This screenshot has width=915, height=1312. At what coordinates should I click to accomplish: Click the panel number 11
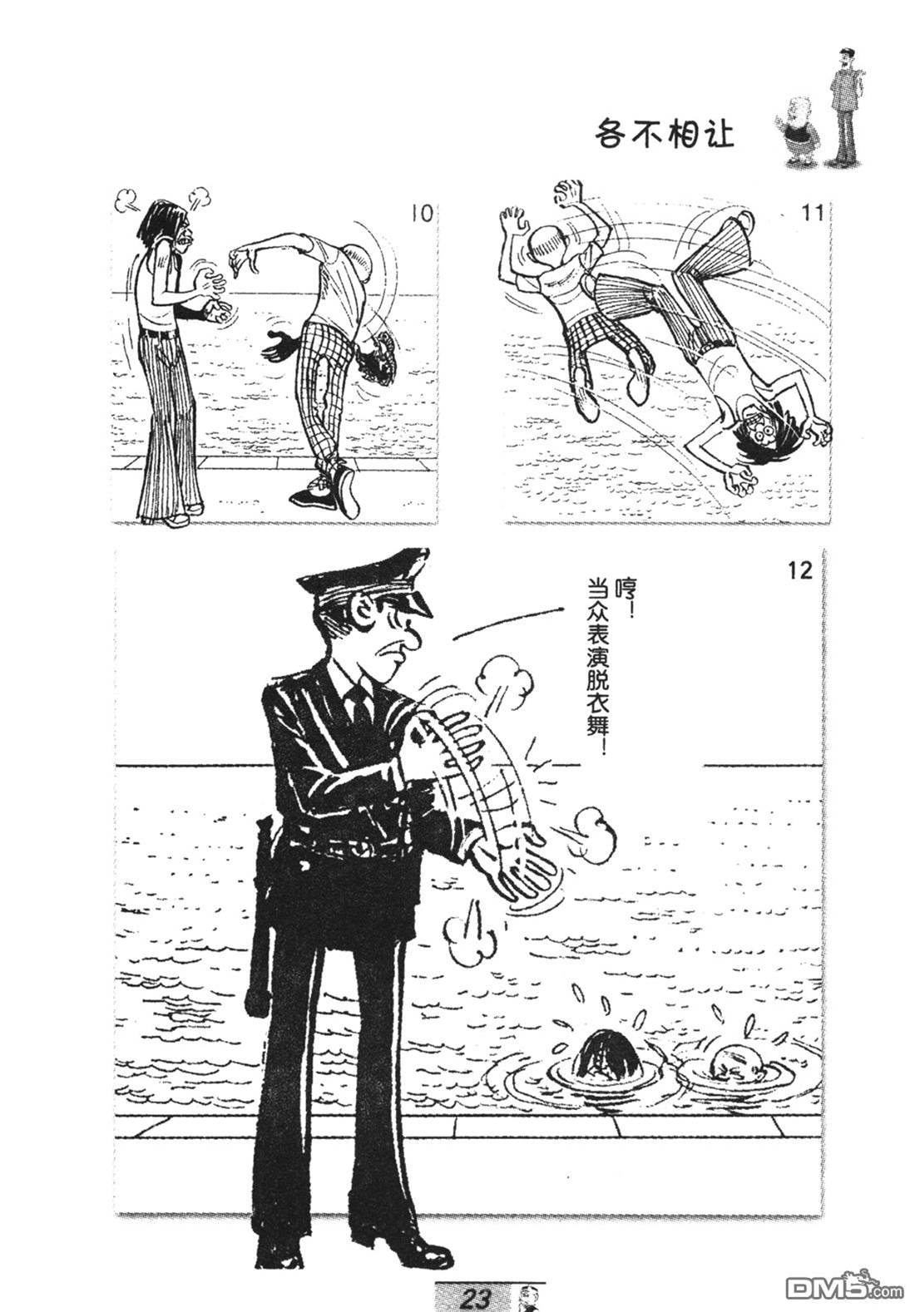[x=812, y=213]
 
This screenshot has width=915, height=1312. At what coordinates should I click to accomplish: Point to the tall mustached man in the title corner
[x=843, y=106]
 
